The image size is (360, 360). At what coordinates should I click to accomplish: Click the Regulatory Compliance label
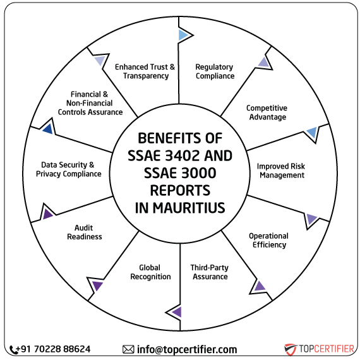coord(214,71)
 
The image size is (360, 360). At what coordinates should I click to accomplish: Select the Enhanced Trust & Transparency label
coord(145,71)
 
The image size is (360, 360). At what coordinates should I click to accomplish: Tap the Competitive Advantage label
coord(267,112)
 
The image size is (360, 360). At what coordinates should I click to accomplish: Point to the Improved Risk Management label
coord(280,171)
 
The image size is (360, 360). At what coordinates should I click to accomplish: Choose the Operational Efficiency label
coord(268,241)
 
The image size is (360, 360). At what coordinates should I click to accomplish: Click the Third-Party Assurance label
coord(210,272)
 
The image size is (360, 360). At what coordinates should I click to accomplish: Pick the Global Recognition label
coord(150,272)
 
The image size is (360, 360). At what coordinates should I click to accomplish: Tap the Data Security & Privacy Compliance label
coord(68,169)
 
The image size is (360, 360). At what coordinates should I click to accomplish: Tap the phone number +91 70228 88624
coord(56,349)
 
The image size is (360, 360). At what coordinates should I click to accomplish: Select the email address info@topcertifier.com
coord(187,349)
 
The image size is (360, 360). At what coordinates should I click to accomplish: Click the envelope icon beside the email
coord(128,349)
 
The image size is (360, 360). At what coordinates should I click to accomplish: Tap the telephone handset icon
coord(15,349)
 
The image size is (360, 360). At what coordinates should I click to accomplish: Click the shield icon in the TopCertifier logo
coord(291,349)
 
